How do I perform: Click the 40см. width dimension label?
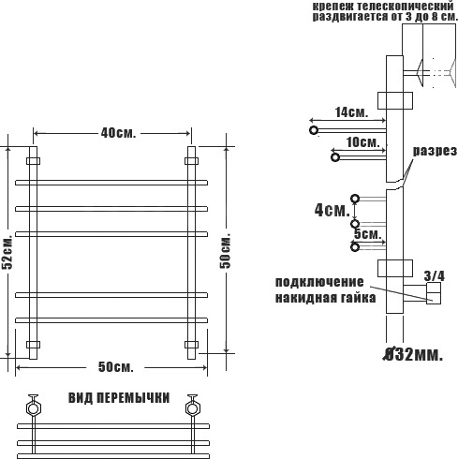point(118,133)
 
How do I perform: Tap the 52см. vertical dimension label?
point(7,252)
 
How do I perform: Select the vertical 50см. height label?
point(225,251)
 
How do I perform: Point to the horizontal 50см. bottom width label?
point(116,367)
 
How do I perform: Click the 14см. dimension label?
point(351,112)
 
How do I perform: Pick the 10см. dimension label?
point(363,142)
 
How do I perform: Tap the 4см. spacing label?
point(332,210)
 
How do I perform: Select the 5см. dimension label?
point(368,234)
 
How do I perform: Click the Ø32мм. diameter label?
point(413,355)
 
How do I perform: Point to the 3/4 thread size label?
point(434,276)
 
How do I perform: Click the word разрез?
point(435,151)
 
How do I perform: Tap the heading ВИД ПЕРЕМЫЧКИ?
point(119,398)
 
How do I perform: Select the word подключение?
point(319,282)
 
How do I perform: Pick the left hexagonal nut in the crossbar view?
point(33,408)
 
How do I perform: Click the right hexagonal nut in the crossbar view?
point(192,408)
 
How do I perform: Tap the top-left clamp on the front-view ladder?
point(33,161)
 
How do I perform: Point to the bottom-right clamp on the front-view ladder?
point(191,345)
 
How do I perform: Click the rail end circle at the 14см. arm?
point(314,130)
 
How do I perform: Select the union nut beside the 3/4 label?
point(434,293)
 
